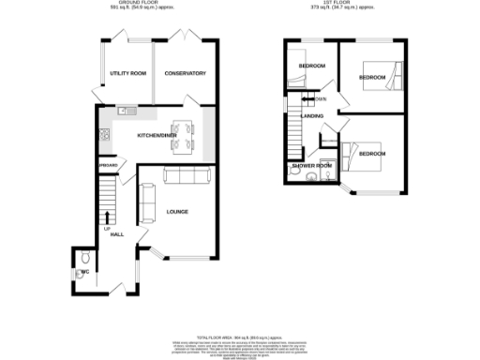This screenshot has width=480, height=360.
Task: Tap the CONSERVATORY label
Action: (x=185, y=73)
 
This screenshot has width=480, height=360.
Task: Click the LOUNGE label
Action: (x=178, y=212)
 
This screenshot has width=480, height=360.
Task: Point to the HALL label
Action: (x=117, y=234)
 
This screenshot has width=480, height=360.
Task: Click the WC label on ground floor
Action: (x=84, y=272)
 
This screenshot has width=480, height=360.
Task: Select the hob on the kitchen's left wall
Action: (x=102, y=135)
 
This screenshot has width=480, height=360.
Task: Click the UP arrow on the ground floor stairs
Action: (x=107, y=218)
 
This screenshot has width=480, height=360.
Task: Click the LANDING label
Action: (x=313, y=116)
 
